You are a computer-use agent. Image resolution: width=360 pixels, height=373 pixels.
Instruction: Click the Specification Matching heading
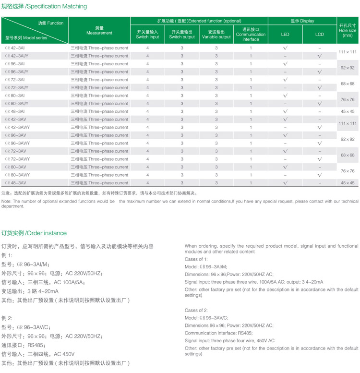[45, 7]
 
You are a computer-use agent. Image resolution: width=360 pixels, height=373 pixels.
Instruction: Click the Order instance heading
[34, 233]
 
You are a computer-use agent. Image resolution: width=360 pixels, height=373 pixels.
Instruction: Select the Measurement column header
[99, 31]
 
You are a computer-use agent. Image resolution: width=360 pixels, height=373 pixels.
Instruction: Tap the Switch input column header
[147, 34]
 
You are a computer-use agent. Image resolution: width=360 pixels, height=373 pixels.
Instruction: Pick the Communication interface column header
[251, 34]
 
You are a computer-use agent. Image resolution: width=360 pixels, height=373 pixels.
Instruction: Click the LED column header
[285, 35]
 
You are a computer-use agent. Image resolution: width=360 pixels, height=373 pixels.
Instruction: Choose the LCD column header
[320, 35]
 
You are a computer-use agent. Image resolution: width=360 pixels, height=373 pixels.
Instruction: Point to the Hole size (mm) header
[348, 30]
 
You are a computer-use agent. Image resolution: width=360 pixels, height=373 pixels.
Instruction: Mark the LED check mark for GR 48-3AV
[285, 183]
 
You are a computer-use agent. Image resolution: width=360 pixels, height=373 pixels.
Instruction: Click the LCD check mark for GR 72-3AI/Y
[320, 88]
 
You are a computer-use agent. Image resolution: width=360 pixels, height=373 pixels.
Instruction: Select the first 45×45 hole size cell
[348, 111]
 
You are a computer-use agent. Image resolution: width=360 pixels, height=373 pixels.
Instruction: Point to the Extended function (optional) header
[199, 21]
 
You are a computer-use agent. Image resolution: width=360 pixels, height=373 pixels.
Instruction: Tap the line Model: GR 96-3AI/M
[207, 267]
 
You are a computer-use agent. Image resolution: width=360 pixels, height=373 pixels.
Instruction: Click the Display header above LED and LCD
[302, 21]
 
